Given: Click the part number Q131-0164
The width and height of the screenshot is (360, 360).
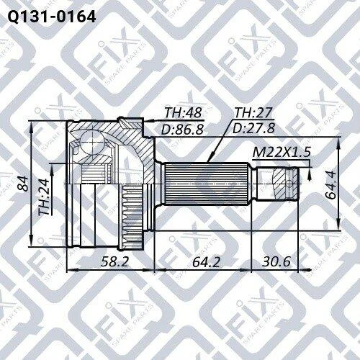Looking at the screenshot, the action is pos(52,17).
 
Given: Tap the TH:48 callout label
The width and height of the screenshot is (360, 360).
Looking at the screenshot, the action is pos(183,112).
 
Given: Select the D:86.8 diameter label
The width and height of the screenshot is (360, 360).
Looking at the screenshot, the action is pos(182,130).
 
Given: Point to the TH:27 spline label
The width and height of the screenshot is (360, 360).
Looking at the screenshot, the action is pos(253,112).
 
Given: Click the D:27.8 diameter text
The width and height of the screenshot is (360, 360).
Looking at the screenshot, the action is pos(253,127).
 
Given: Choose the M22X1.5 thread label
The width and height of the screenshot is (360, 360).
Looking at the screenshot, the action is pos(282,152).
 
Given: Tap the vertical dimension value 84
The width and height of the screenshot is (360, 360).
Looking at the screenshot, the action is pos(24,184).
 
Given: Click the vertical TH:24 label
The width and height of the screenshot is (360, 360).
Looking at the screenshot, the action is pos(44,197).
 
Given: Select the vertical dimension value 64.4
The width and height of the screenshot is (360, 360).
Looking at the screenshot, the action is pos(330,184).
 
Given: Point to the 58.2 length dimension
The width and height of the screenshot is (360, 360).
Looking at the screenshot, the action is pos(114,261).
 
